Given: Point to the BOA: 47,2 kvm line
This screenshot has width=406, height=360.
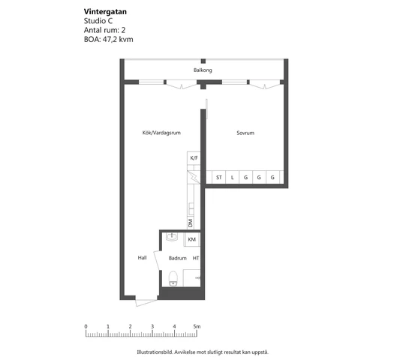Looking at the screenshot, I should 109,39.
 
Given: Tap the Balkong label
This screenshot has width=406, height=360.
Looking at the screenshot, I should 203,70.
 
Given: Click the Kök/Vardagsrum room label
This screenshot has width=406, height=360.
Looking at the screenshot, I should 161,133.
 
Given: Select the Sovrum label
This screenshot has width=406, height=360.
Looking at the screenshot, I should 245,133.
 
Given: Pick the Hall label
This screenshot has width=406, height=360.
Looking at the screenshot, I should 142,258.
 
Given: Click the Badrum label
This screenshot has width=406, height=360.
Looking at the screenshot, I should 177,258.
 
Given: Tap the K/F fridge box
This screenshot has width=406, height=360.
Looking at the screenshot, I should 194,158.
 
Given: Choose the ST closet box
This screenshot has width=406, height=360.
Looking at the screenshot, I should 218,178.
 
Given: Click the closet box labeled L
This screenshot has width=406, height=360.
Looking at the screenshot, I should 233,178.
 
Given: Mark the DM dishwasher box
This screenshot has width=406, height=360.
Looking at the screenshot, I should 191,223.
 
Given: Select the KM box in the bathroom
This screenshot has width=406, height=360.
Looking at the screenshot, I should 192,239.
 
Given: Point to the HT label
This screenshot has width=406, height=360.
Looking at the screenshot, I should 196,258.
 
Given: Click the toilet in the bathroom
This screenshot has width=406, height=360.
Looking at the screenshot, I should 173,278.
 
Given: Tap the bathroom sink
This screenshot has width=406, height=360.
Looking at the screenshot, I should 171,238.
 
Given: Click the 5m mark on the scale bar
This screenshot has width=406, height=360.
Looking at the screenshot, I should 197,327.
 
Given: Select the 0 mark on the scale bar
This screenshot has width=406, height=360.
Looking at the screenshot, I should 86,327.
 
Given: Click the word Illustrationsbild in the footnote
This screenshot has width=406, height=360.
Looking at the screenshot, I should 154,351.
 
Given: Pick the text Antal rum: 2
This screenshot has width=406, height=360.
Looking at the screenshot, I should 104,30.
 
